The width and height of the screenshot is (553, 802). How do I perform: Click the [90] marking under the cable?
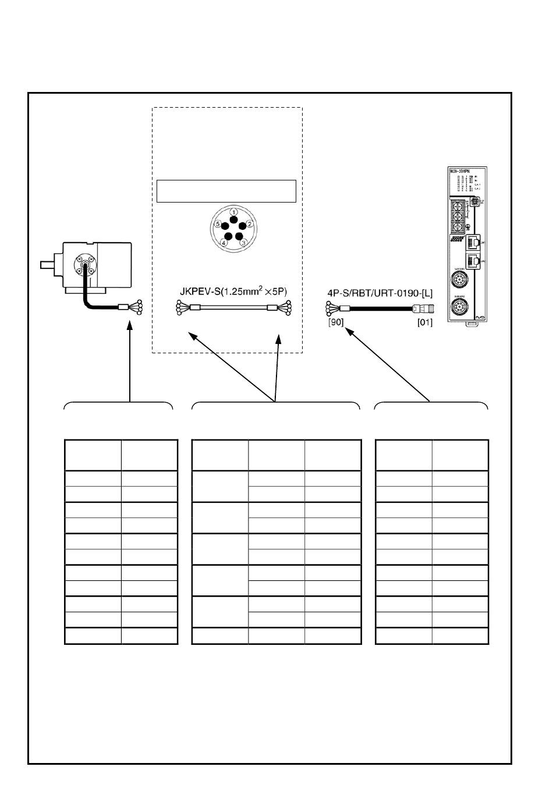pos(336,322)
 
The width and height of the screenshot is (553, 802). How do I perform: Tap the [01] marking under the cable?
pos(425,322)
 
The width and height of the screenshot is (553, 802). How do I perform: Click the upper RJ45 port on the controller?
pos(474,241)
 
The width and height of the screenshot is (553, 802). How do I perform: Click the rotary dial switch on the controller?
pos(475,201)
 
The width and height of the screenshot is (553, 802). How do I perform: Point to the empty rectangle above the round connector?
pos(226,191)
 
